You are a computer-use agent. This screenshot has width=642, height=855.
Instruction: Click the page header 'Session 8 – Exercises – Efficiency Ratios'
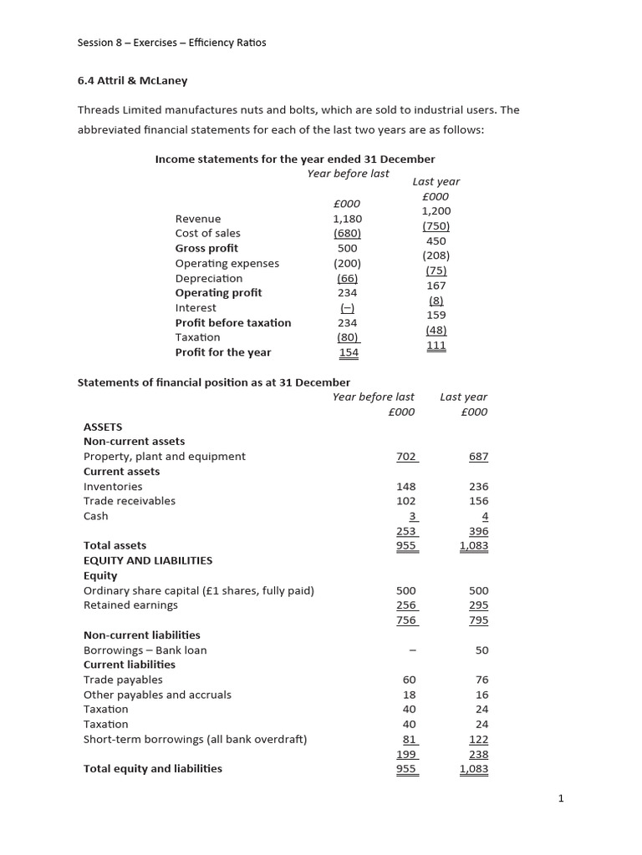[171, 43]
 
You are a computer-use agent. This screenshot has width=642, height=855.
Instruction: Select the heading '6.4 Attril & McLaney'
[132, 80]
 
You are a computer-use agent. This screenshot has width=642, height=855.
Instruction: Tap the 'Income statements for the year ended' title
[295, 159]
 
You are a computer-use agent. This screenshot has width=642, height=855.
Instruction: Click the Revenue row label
[198, 219]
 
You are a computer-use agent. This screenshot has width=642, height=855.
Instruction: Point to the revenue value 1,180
[347, 219]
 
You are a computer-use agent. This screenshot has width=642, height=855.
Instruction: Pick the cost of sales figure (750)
[436, 226]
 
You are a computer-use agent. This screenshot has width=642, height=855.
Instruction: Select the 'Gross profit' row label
[206, 248]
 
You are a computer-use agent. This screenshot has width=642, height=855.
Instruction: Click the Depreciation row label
[208, 278]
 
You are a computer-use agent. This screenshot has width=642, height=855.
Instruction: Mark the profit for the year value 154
[348, 352]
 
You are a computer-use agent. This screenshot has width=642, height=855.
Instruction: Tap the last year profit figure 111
[436, 345]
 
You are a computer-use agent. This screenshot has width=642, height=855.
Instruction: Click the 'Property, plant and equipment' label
[164, 457]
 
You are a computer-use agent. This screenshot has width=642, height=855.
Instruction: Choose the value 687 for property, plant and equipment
[478, 457]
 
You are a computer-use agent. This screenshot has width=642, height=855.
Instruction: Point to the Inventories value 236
[478, 487]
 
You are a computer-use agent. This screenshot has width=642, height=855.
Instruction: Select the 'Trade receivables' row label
[130, 501]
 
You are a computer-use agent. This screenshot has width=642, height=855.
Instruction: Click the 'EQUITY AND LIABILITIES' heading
[148, 560]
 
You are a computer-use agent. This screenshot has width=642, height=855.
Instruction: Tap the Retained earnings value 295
[478, 605]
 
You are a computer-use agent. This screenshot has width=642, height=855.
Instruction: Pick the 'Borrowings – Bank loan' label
[145, 650]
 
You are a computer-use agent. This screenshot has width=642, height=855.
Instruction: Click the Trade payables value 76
[481, 680]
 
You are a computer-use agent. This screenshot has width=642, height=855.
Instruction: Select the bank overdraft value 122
[478, 739]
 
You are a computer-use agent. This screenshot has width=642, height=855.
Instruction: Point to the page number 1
[561, 798]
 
